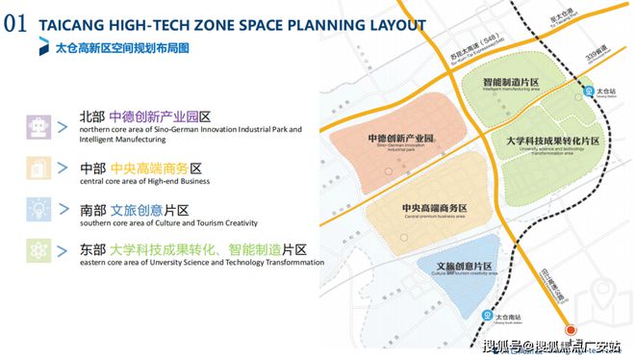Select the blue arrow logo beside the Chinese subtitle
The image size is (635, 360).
pyautogui.click(x=44, y=46)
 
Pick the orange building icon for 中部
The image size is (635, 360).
pyautogui.click(x=38, y=169)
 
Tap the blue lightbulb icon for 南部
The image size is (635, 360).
pyautogui.click(x=38, y=210)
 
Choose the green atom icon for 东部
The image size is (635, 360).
pyautogui.click(x=38, y=250)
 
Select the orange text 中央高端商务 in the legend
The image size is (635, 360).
pyautogui.click(x=142, y=167)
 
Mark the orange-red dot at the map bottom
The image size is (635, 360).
pyautogui.click(x=569, y=330)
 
